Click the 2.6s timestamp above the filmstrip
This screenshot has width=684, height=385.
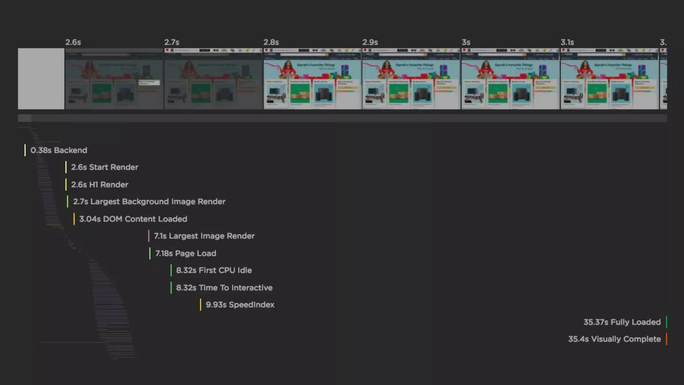pos(73,42)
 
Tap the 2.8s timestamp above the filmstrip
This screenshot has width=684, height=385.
pos(271,42)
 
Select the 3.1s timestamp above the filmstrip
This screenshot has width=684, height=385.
pos(567,42)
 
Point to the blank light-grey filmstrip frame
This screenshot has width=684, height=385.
pos(41,79)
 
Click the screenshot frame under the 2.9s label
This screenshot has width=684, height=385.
pos(411,79)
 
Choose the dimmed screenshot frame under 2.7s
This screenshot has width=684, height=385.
pos(213,79)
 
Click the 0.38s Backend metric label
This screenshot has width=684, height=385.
pos(59,150)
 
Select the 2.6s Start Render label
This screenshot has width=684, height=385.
pos(105,167)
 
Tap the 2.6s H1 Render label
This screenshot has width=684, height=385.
pos(100,184)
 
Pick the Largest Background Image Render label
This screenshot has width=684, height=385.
pos(149,202)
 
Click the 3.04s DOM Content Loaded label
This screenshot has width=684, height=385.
pos(133,219)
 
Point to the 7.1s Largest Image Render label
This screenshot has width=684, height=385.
pos(204,236)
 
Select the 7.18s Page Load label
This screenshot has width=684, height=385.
pos(186,253)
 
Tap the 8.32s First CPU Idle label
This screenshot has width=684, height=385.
pos(214,270)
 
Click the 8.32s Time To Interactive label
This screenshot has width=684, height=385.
pos(224,288)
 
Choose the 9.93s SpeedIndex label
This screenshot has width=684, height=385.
pos(240,305)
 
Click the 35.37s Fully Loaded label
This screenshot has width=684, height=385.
pos(622,322)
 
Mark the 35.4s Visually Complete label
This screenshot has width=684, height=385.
pos(614,339)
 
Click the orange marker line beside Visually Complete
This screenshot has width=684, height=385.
pos(666,339)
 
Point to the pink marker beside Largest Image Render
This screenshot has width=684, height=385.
pos(149,236)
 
